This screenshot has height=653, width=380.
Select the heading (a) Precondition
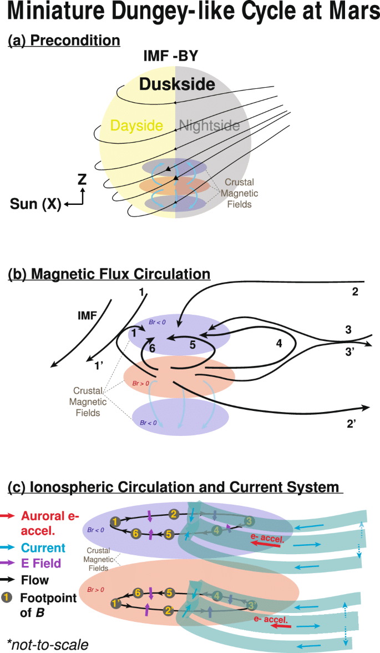64,41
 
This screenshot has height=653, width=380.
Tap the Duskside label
177,84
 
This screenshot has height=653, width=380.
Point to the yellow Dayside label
136,125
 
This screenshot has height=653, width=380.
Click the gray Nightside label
209,125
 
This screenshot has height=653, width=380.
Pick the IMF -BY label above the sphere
171,56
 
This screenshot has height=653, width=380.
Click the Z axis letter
82,179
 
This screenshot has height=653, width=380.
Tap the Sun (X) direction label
36,204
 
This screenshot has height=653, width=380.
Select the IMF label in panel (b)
87,315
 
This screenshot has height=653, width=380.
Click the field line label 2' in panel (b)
352,424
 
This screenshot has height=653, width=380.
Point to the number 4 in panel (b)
279,343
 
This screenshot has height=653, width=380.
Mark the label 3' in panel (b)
349,351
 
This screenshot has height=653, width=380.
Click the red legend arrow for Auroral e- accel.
8,516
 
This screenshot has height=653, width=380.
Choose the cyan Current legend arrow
8,548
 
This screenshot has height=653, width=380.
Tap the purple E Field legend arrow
8,563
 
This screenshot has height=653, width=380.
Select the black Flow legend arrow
8,580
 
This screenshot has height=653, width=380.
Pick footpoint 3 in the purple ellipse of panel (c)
249,521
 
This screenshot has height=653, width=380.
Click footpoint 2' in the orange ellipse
169,611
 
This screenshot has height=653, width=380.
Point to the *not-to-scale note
48,644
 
